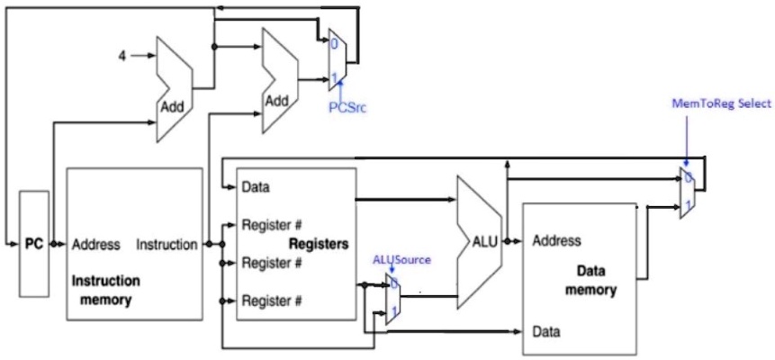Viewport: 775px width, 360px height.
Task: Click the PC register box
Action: [34, 243]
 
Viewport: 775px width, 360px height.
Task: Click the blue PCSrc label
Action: [347, 106]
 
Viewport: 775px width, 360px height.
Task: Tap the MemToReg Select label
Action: [721, 103]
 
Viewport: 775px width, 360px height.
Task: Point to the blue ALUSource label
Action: [401, 259]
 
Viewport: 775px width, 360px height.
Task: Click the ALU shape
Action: [479, 241]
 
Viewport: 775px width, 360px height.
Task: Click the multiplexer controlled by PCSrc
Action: [333, 61]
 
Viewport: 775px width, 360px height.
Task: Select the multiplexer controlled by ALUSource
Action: [393, 301]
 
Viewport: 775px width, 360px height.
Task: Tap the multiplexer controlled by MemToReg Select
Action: [687, 193]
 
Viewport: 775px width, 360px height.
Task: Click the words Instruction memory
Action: [105, 290]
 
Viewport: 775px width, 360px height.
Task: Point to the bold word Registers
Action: [318, 244]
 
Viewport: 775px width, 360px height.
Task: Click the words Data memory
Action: [590, 280]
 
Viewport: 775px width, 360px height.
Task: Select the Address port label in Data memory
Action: [556, 241]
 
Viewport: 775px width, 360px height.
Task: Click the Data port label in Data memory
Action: [546, 331]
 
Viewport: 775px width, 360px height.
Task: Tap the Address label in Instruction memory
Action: [95, 244]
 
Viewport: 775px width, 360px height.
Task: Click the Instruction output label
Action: [167, 244]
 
